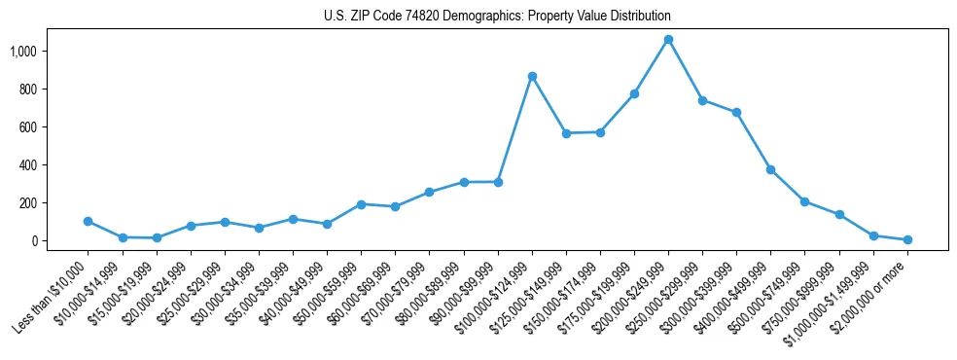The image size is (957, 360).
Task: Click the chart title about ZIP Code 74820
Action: (497, 17)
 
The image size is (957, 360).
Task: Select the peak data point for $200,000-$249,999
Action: (668, 40)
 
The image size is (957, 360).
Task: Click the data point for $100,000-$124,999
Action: (532, 76)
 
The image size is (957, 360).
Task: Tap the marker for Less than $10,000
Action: (88, 221)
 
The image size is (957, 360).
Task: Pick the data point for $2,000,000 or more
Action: (907, 239)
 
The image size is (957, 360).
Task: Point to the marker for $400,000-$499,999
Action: (770, 169)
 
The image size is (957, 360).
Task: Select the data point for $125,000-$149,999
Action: (566, 133)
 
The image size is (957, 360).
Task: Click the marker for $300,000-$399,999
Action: (736, 112)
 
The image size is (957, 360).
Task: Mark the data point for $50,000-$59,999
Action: (361, 204)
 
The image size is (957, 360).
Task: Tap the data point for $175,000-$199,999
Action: (634, 93)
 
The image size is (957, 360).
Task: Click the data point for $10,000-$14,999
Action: (122, 237)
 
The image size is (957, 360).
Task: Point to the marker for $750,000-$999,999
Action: (838, 214)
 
